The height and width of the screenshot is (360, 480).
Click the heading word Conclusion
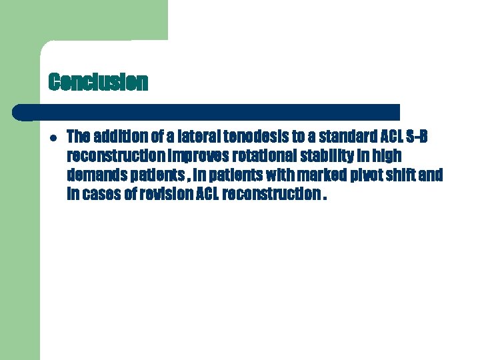tap(98, 82)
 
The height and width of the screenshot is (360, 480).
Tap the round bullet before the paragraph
tap(53, 137)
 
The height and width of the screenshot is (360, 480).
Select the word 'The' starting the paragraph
tap(78, 137)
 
